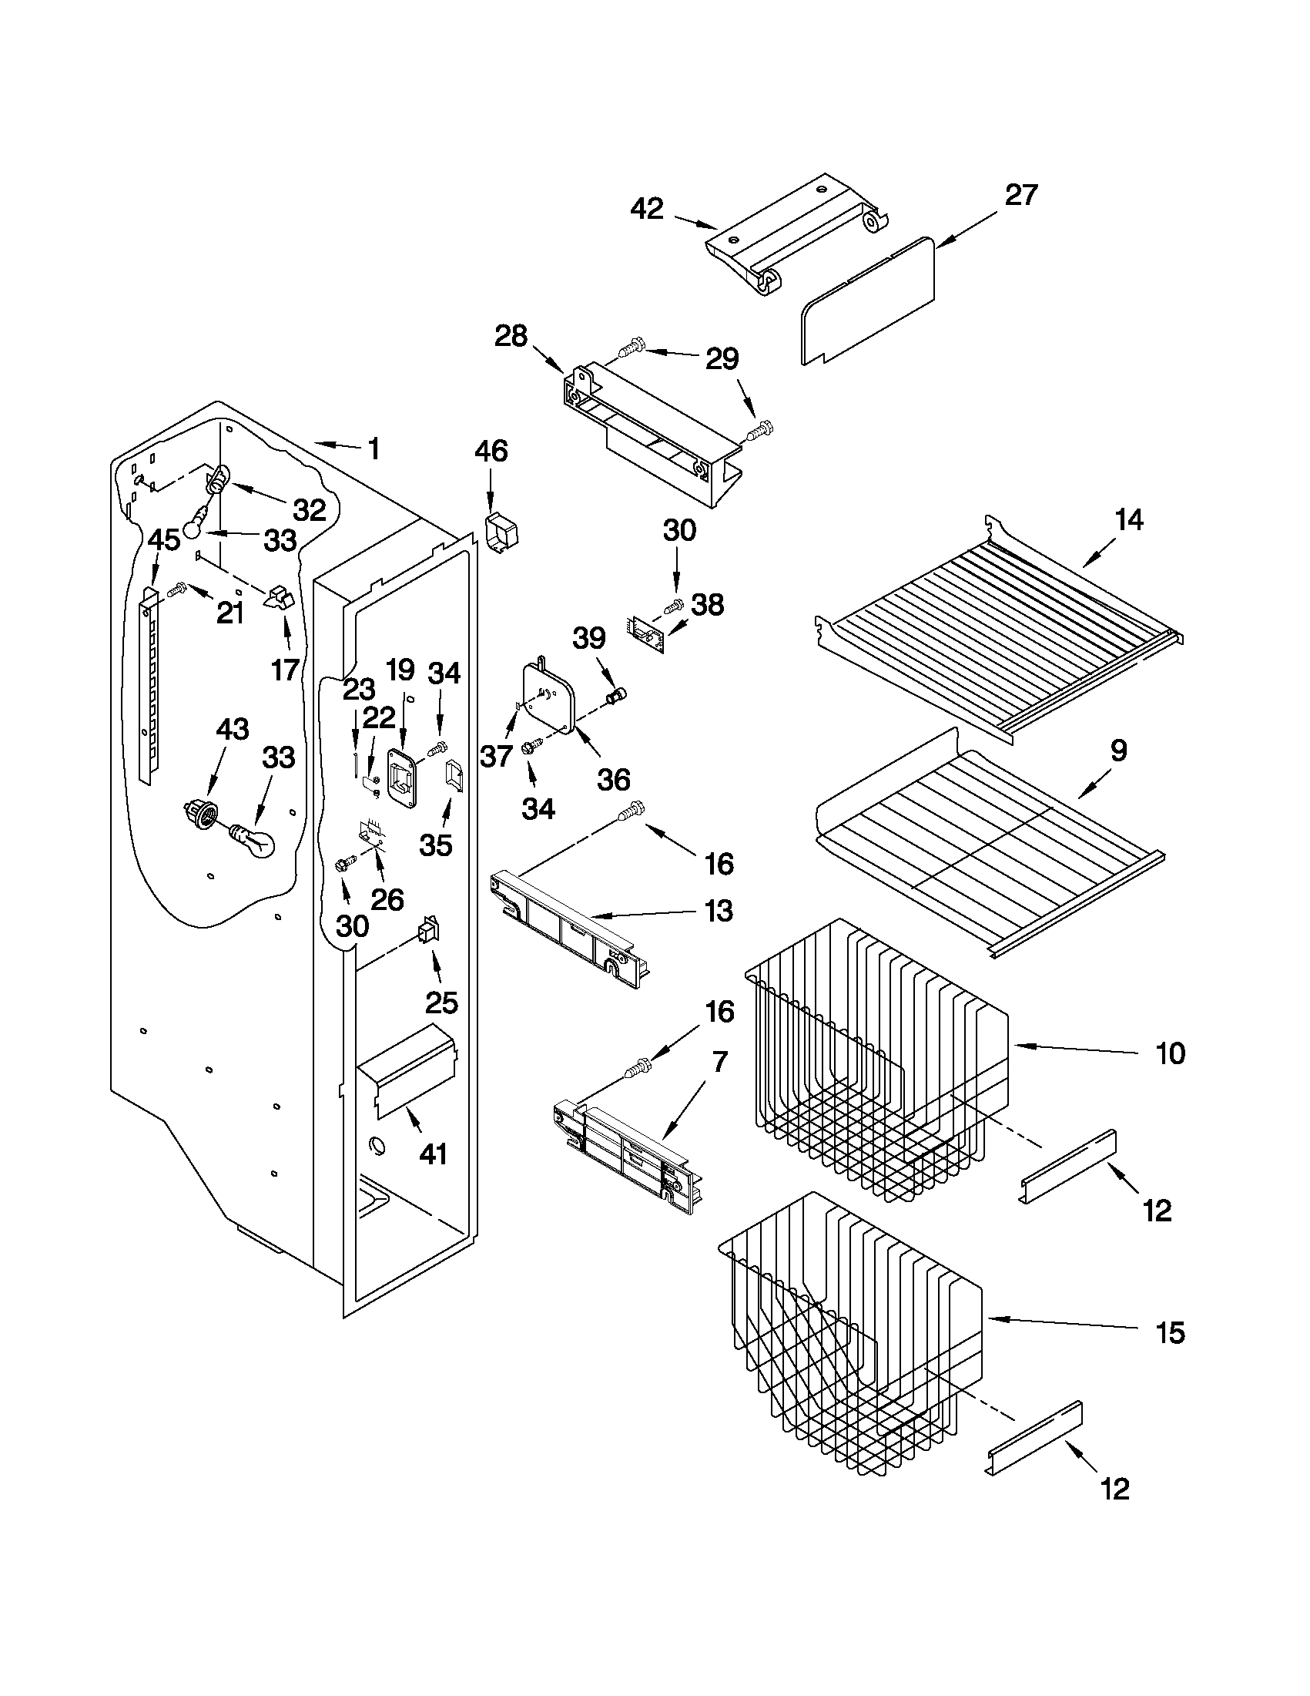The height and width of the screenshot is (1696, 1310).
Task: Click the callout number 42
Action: click(x=647, y=209)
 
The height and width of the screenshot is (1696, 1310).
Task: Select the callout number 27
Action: click(x=1021, y=195)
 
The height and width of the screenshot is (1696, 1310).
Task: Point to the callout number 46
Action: click(x=491, y=452)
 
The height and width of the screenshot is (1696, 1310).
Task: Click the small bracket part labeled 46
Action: click(x=503, y=532)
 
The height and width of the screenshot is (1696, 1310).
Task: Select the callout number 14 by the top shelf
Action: click(x=1128, y=519)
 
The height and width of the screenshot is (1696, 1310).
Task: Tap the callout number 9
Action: click(x=1118, y=751)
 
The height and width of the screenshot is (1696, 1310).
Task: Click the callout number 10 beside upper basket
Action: click(x=1170, y=1054)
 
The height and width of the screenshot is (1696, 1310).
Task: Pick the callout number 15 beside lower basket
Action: click(x=1170, y=1333)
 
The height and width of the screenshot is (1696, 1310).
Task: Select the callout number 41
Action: click(x=433, y=1154)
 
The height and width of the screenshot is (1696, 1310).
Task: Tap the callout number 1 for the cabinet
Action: click(x=374, y=448)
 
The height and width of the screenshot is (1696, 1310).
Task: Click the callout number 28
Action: click(x=511, y=336)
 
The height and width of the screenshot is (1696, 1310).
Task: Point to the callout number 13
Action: click(x=719, y=911)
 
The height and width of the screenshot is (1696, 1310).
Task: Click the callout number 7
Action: click(x=719, y=1061)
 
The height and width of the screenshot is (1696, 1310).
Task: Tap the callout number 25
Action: click(x=441, y=1003)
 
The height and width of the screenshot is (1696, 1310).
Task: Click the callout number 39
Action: click(x=589, y=638)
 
